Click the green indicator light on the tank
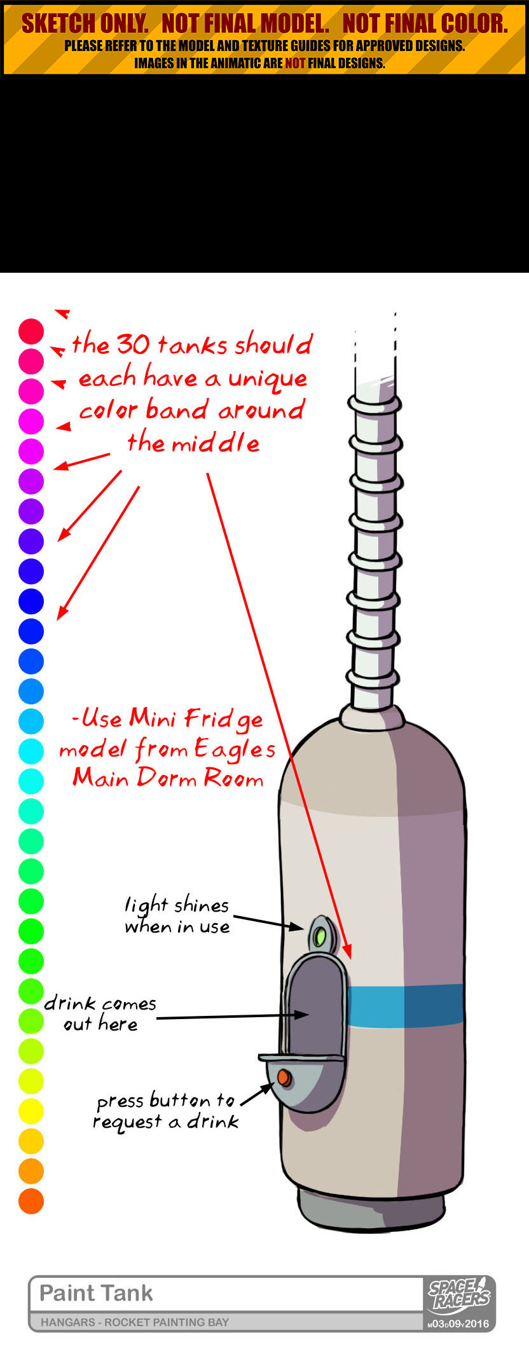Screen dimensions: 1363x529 (x=320, y=936)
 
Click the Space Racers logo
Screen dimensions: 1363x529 (x=459, y=1295)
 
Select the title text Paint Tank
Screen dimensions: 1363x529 (x=96, y=1293)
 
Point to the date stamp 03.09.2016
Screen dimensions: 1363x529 (x=458, y=1324)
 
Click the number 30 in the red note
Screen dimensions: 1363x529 (x=133, y=345)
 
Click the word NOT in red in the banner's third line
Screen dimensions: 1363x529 (x=295, y=63)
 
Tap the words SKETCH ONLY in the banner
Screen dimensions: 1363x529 (x=85, y=24)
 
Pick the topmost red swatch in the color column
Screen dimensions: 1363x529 (x=31, y=331)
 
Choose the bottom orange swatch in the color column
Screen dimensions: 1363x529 (x=31, y=1201)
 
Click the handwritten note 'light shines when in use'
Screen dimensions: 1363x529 (x=177, y=915)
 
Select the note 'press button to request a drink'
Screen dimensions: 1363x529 (x=167, y=1111)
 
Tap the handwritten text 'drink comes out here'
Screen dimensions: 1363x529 (x=100, y=1013)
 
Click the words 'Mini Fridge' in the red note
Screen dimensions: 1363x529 (x=196, y=719)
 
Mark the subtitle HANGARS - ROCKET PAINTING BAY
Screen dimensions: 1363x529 (x=135, y=1322)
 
